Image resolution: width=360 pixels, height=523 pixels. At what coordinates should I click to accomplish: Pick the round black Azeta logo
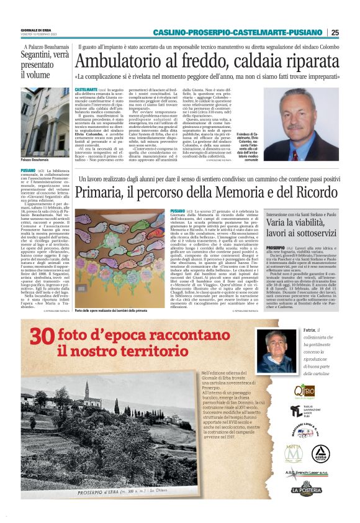point(321,453)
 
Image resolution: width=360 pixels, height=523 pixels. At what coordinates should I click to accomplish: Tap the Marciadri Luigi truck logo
point(305,432)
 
